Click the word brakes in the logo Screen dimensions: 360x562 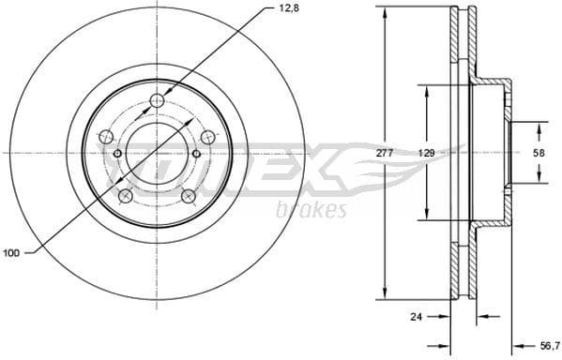[311, 210]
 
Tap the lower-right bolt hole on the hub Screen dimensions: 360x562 [188, 196]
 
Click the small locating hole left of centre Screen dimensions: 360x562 [116, 155]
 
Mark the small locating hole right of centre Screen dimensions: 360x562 [196, 155]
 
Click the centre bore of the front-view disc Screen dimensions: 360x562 [157, 153]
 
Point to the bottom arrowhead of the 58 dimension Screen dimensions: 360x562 [539, 177]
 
